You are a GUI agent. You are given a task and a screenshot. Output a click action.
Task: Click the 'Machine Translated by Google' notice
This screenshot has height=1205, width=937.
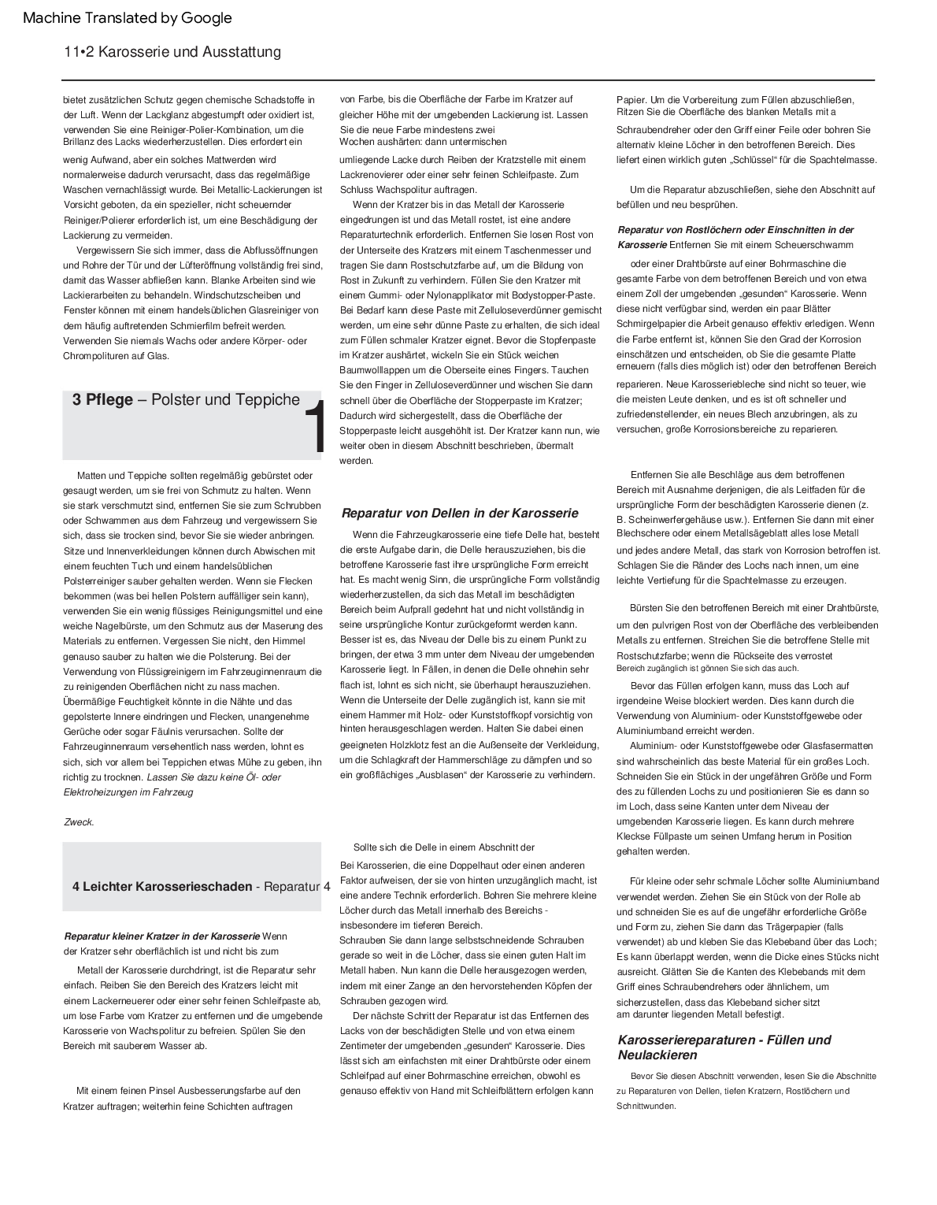click(128, 18)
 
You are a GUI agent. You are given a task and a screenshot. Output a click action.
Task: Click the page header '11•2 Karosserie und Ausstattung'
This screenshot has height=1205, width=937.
click(172, 53)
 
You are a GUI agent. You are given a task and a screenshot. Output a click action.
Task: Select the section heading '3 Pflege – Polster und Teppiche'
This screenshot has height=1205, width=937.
click(186, 400)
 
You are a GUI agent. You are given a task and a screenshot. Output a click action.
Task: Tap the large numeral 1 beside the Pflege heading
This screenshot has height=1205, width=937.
click(313, 428)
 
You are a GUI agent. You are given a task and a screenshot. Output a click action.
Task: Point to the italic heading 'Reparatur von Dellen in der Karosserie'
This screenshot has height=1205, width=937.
click(460, 514)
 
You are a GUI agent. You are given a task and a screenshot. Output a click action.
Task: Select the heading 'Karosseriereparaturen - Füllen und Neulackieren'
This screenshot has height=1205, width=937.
click(724, 1047)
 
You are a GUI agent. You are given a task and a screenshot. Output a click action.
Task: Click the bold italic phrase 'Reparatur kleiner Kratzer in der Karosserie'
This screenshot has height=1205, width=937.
click(161, 936)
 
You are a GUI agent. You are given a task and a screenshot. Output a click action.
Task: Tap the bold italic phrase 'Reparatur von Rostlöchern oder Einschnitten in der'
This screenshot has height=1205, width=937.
click(735, 230)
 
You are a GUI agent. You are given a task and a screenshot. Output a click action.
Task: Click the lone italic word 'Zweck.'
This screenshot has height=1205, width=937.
click(79, 822)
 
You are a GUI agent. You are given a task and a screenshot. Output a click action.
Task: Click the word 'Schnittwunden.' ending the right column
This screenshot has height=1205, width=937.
click(646, 1106)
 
